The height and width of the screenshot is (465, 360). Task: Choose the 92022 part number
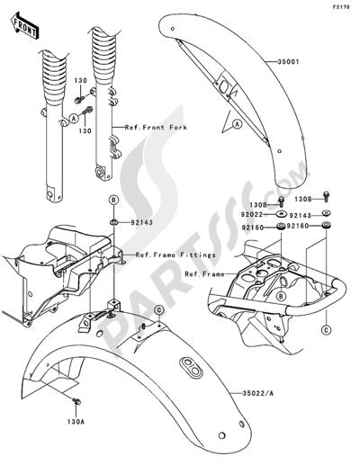coord(251,216)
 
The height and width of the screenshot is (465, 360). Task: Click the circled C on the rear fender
coord(158,310)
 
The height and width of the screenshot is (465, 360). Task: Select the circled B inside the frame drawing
coord(281,294)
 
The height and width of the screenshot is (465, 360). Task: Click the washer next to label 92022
coord(282,216)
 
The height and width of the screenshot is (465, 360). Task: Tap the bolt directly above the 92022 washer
coord(282,200)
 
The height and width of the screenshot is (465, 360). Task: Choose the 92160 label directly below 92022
coord(251,228)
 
